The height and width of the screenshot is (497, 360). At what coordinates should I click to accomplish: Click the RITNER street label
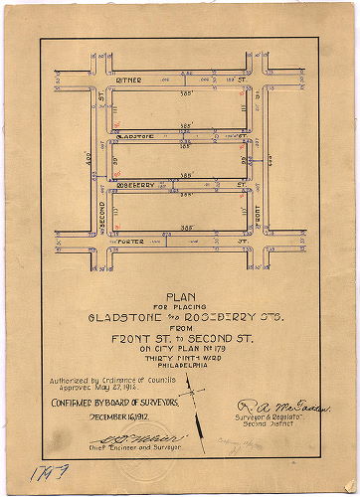point(130,79)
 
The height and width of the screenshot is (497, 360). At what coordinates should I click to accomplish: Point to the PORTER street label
point(131,242)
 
